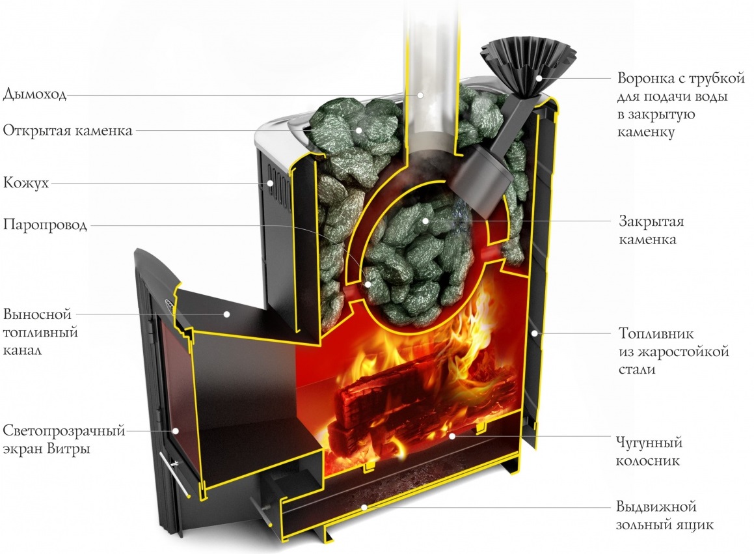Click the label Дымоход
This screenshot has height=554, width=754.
point(34,94)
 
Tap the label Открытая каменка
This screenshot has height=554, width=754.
point(67,130)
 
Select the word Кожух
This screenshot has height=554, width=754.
point(26,183)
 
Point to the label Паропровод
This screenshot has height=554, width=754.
point(45,225)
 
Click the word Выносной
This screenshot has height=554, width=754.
point(37,314)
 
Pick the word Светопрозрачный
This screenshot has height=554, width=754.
point(64,431)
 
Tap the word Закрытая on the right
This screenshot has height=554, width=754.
point(651,222)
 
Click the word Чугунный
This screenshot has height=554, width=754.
point(649,442)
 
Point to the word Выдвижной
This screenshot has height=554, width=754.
point(656,507)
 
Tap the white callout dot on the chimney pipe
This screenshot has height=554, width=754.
point(420,95)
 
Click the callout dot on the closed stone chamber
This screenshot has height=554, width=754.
point(425,221)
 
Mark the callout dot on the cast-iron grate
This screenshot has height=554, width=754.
point(451,436)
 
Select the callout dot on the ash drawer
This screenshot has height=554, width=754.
point(364,507)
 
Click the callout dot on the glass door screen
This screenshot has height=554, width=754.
point(176,431)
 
